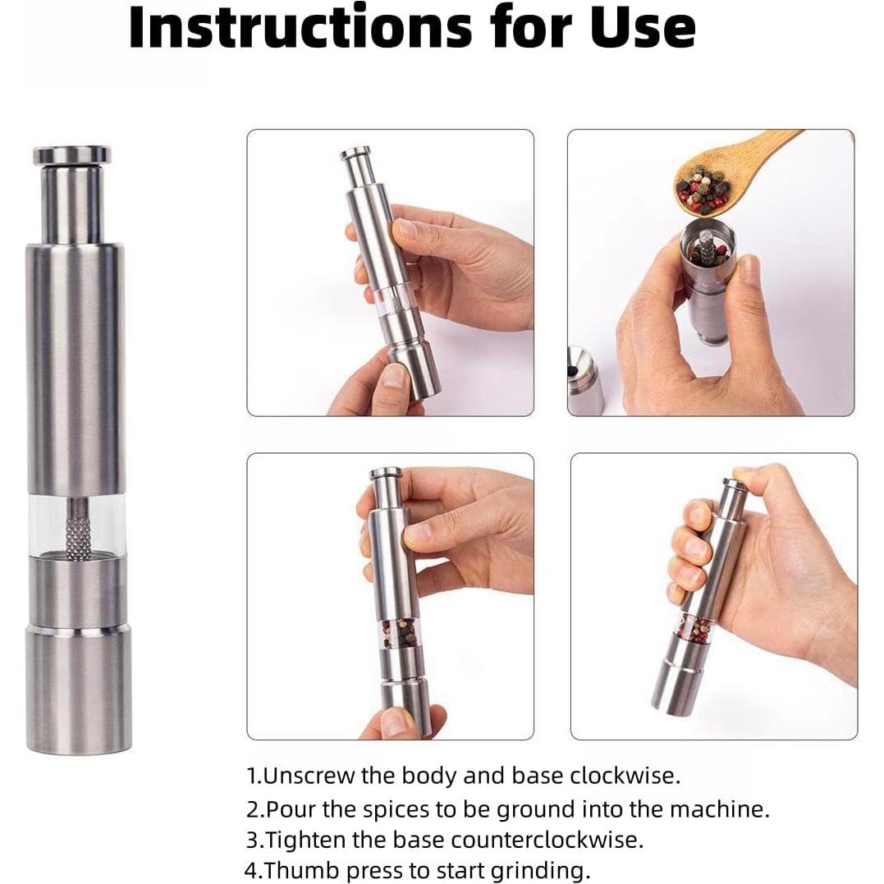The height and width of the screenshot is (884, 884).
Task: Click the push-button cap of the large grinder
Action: click(x=71, y=154)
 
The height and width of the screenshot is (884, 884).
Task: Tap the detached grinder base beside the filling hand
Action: click(x=584, y=380)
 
